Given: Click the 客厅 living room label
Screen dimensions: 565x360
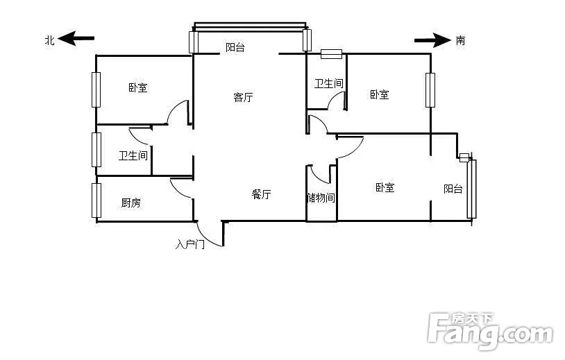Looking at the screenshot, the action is (x=243, y=97).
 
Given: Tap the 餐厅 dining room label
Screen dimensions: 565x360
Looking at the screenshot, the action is (x=261, y=194).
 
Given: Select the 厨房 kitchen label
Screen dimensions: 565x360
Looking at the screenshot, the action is (x=130, y=203).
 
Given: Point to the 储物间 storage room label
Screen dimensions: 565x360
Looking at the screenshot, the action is (x=321, y=198).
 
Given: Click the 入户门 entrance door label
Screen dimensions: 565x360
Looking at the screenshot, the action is (x=190, y=244).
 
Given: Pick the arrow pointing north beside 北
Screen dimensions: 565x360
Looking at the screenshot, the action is (x=76, y=38).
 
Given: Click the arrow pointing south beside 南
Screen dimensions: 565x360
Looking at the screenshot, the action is (x=432, y=40).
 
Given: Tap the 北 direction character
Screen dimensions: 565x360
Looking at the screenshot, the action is (x=50, y=40).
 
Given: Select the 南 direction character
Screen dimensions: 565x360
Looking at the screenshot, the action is (x=460, y=40).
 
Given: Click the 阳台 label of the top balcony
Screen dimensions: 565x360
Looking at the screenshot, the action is (x=235, y=48).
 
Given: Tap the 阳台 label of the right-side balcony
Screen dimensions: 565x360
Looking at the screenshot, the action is (x=453, y=189).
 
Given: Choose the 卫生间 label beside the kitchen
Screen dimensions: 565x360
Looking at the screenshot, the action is (x=133, y=156).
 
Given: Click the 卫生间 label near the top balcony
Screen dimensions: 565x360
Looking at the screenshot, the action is (x=328, y=83).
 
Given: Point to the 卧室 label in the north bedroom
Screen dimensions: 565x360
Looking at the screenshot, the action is (x=138, y=87).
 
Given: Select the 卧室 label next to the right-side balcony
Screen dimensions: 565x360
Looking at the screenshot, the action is (x=385, y=187).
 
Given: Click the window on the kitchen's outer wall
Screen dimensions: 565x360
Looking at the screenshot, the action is (x=96, y=200).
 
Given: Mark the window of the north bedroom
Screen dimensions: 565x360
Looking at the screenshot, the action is (x=96, y=89).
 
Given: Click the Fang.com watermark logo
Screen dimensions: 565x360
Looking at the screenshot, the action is (x=490, y=330).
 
